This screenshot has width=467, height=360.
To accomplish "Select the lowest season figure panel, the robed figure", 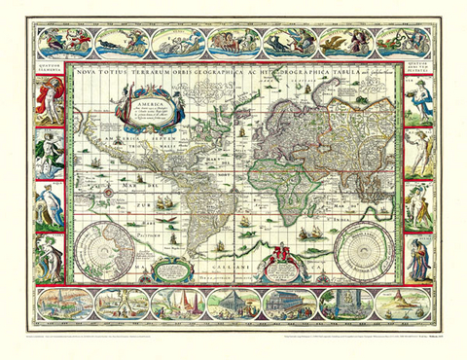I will (417, 257).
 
